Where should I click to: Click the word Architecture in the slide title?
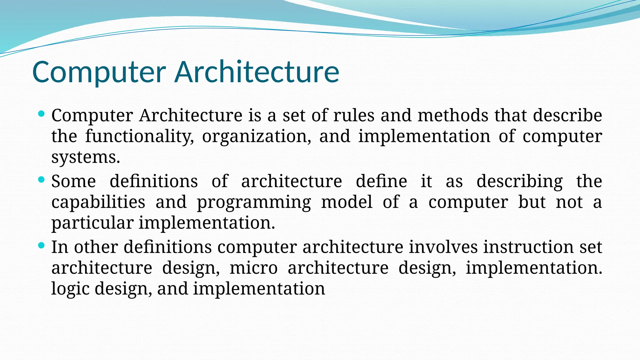257,72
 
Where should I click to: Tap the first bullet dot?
41,114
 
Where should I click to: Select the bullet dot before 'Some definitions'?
41,180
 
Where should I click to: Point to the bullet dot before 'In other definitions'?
41,245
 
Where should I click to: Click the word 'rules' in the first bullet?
354,115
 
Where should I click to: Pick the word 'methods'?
453,115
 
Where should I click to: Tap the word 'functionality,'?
139,137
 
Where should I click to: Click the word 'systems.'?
86,157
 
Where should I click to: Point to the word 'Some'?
73,181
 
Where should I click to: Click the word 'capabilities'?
98,202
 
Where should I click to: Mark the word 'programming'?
254,202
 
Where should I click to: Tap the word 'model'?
347,202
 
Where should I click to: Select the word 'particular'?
92,223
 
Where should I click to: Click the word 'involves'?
443,247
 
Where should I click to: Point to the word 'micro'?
253,268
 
